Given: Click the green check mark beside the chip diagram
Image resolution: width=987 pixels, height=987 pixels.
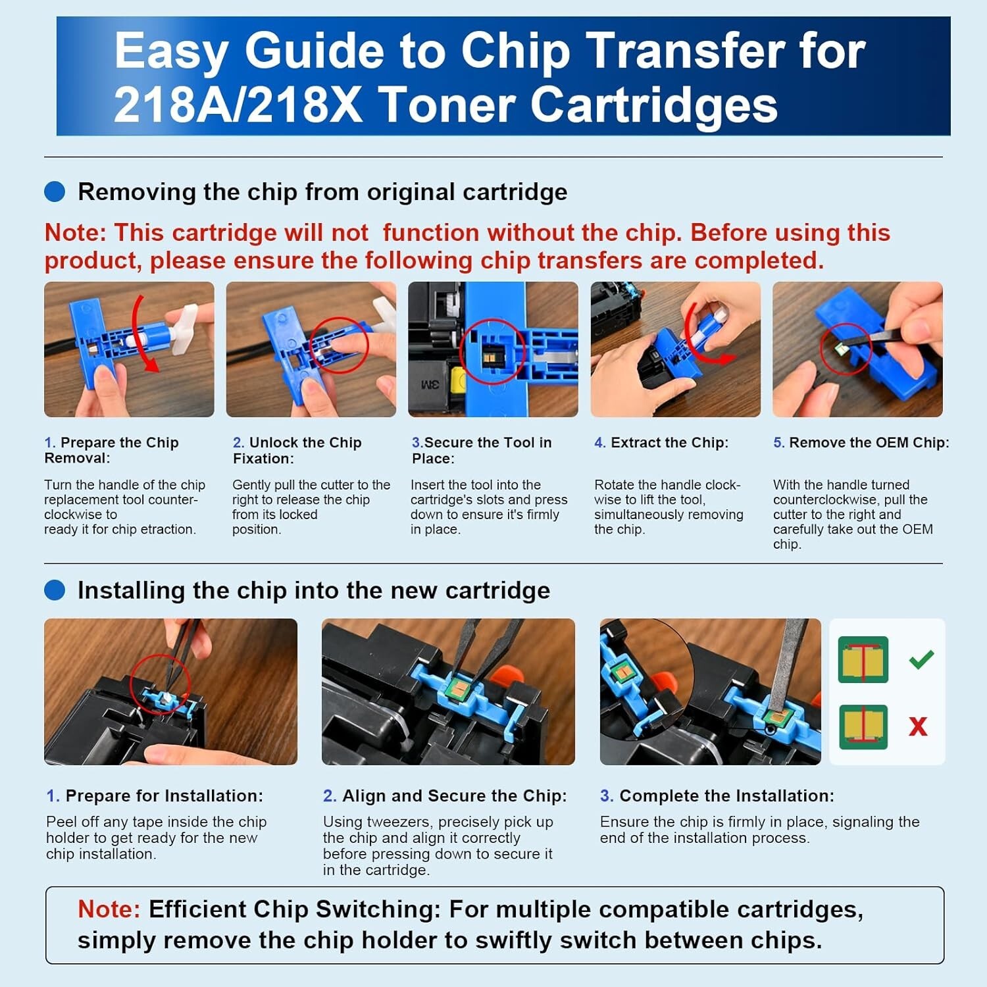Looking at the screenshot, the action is [x=921, y=659].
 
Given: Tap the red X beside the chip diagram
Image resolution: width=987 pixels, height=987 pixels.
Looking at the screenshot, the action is [x=918, y=726].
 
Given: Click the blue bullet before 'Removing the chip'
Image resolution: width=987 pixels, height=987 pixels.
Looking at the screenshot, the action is [x=55, y=191].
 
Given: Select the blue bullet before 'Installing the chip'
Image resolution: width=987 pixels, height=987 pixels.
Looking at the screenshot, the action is [x=55, y=590].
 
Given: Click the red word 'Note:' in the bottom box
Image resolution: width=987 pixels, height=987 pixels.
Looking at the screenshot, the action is [x=109, y=909].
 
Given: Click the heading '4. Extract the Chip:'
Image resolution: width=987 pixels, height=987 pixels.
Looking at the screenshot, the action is [x=661, y=442].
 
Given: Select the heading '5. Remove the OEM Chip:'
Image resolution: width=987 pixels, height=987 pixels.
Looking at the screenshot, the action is [x=861, y=442].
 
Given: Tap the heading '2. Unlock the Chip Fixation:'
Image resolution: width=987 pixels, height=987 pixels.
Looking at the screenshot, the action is [x=297, y=450].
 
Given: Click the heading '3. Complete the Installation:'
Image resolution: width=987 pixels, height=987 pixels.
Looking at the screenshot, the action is [x=717, y=796].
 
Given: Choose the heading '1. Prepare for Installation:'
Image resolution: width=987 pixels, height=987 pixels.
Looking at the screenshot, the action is [x=155, y=796].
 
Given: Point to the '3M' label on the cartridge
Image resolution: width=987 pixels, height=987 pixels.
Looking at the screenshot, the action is [x=430, y=384].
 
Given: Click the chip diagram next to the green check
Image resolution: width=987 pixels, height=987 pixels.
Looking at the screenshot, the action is [x=863, y=660].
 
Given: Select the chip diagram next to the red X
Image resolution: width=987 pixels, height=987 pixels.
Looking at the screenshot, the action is [x=863, y=726].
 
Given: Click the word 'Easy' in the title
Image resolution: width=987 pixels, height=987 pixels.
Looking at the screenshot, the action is [x=172, y=51].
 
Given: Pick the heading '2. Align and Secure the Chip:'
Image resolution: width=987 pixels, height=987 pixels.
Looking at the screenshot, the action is [x=445, y=796].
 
